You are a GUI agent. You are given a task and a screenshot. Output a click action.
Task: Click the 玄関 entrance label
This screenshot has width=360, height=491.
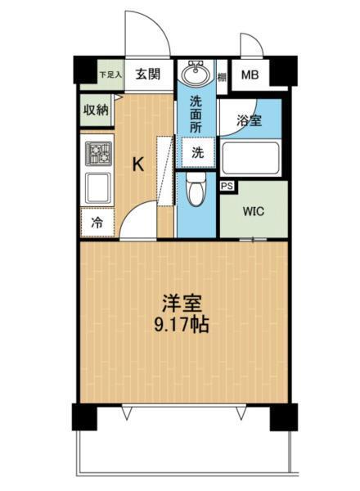click(148, 74)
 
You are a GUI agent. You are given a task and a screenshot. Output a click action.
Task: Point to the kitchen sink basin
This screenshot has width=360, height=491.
click(99, 187)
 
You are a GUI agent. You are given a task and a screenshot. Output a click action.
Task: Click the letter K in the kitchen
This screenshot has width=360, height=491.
click(139, 164)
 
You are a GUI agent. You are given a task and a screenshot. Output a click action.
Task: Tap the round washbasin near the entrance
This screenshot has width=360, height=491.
click(196, 74)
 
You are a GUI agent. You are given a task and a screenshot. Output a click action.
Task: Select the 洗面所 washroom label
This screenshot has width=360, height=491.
click(196, 115)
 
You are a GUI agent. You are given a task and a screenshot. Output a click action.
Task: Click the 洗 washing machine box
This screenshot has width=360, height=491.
click(198, 152)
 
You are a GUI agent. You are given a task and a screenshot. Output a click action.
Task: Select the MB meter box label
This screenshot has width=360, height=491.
click(249, 75)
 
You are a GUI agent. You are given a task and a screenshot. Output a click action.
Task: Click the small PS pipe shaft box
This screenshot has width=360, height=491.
click(227, 187)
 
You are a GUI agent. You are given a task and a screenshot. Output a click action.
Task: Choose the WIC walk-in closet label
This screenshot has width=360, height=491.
click(254, 209)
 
